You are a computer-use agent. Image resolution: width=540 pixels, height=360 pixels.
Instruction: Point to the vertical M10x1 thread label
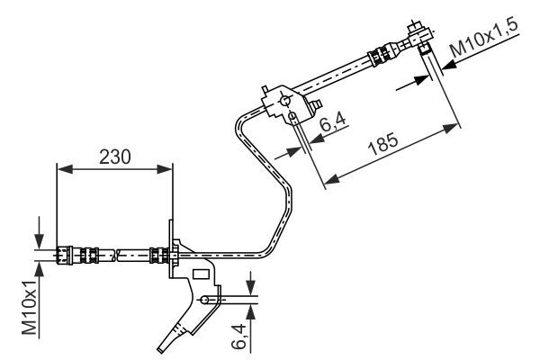(30, 307)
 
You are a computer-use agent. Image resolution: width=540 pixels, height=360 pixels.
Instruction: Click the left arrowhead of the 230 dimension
(61, 167)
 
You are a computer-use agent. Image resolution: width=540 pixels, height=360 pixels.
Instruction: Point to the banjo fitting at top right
(419, 36)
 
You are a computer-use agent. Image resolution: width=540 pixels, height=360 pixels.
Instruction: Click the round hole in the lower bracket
(206, 300)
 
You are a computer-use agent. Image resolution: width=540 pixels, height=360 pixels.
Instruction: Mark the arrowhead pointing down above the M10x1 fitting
(39, 240)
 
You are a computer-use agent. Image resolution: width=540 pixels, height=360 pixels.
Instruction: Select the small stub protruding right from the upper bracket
(318, 106)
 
